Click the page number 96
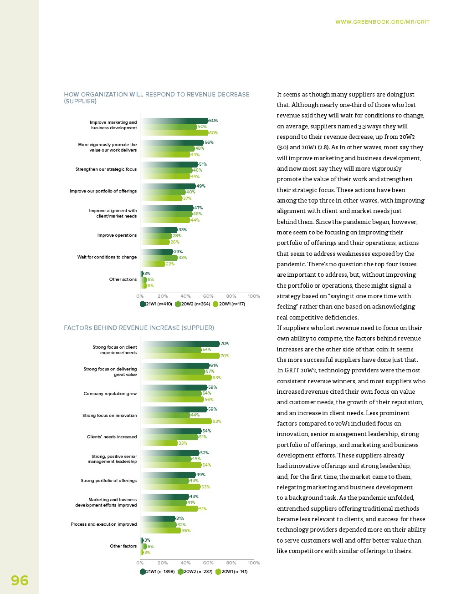(20, 580)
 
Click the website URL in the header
(382, 22)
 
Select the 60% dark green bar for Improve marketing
(174, 121)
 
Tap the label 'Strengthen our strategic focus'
(106, 169)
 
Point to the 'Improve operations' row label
(117, 235)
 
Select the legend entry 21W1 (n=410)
(156, 304)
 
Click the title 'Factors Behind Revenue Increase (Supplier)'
(139, 328)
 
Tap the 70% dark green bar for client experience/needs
(180, 344)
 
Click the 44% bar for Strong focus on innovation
(165, 415)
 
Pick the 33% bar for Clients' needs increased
(159, 443)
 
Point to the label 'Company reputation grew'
(110, 394)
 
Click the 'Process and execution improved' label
(104, 524)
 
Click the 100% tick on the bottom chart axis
(254, 563)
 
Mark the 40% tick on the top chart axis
(185, 296)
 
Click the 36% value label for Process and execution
(186, 531)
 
